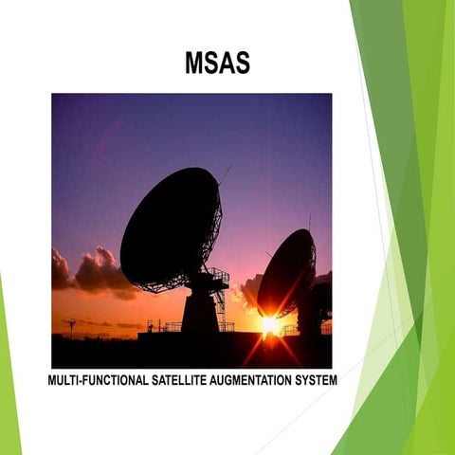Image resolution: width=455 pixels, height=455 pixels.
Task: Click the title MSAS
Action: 217,64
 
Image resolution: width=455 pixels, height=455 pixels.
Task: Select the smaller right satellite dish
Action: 286,273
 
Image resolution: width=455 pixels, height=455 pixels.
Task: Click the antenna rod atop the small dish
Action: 309,221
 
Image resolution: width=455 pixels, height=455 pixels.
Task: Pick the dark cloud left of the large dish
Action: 95,272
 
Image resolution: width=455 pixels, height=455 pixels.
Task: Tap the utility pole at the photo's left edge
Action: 71,327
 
